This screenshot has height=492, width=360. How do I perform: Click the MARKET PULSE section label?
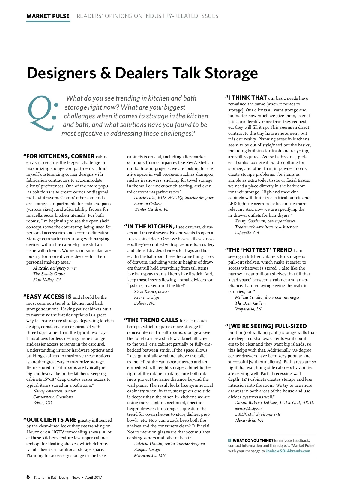[x=48, y=16]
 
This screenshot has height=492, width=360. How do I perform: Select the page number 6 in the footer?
[x=28, y=477]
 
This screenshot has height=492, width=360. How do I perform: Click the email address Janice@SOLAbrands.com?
[x=288, y=451]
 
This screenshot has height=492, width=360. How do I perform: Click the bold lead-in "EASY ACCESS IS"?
[x=49, y=297]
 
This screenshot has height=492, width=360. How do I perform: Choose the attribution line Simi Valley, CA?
[x=47, y=280]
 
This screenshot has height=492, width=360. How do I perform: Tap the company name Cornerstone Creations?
[x=53, y=397]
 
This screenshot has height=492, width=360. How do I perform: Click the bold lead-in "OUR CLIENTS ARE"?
[x=51, y=420]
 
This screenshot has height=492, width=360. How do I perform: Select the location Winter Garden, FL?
[x=151, y=209]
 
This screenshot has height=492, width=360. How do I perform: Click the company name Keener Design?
[x=147, y=297]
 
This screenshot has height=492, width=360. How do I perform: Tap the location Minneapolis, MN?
[x=150, y=455]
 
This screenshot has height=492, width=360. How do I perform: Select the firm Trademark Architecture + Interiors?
[x=266, y=227]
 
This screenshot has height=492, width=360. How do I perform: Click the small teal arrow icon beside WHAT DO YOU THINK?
[x=230, y=440]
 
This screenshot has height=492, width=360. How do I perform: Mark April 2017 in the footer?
[x=94, y=478]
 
